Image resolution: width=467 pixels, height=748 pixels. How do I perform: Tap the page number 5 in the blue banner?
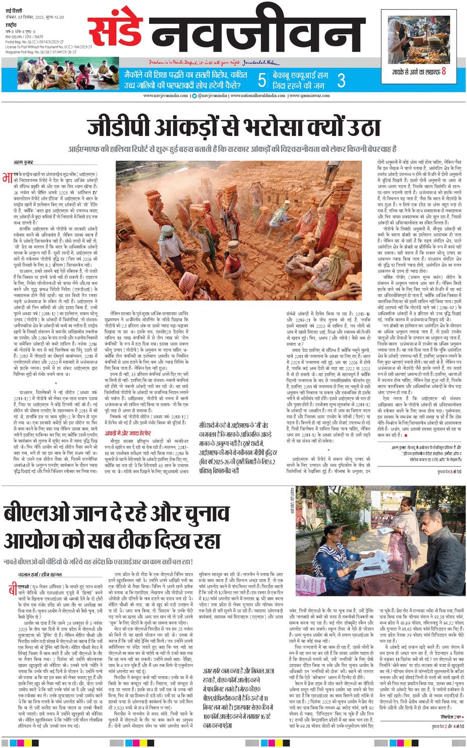pos(261,80)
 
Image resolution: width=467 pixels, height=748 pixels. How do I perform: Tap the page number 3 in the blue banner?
pos(341,80)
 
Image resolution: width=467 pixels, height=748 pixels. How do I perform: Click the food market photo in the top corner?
pos(419,39)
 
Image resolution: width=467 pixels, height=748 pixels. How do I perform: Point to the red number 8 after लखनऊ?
pos(444,71)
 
